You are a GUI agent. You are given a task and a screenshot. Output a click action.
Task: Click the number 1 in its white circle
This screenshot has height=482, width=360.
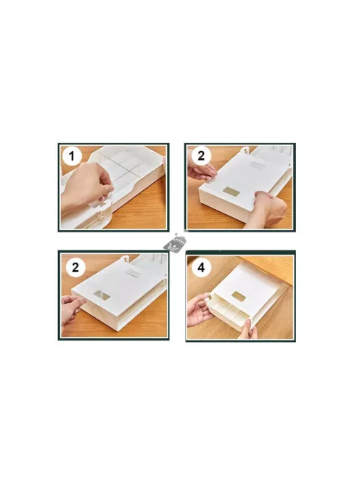tap(72, 156)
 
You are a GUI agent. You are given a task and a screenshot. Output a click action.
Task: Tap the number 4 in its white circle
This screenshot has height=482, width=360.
tap(201, 267)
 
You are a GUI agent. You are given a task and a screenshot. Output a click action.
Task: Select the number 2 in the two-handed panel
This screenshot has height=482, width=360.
tap(201, 156)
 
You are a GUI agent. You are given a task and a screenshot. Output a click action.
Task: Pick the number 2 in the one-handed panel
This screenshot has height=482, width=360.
tap(75, 267)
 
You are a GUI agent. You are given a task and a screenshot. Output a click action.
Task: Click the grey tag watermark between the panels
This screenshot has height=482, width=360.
tap(175, 242)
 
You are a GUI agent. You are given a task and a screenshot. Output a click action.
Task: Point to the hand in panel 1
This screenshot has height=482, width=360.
tap(86, 187)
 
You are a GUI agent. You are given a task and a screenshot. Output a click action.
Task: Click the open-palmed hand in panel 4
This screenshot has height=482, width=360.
tap(199, 309)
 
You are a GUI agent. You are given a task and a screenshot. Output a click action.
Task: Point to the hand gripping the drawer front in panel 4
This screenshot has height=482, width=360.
tap(248, 329)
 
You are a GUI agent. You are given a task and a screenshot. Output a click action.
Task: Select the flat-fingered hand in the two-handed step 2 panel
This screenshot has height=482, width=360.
tap(200, 171)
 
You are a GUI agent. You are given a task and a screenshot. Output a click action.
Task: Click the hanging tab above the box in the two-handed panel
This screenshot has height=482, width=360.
tap(244, 150)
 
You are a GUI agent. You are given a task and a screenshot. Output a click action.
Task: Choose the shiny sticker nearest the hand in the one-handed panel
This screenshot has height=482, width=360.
tap(102, 295)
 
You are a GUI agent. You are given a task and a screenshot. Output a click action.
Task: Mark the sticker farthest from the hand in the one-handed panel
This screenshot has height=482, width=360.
tap(133, 273)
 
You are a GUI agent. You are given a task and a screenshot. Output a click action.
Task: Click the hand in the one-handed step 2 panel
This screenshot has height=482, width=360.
tap(73, 311)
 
